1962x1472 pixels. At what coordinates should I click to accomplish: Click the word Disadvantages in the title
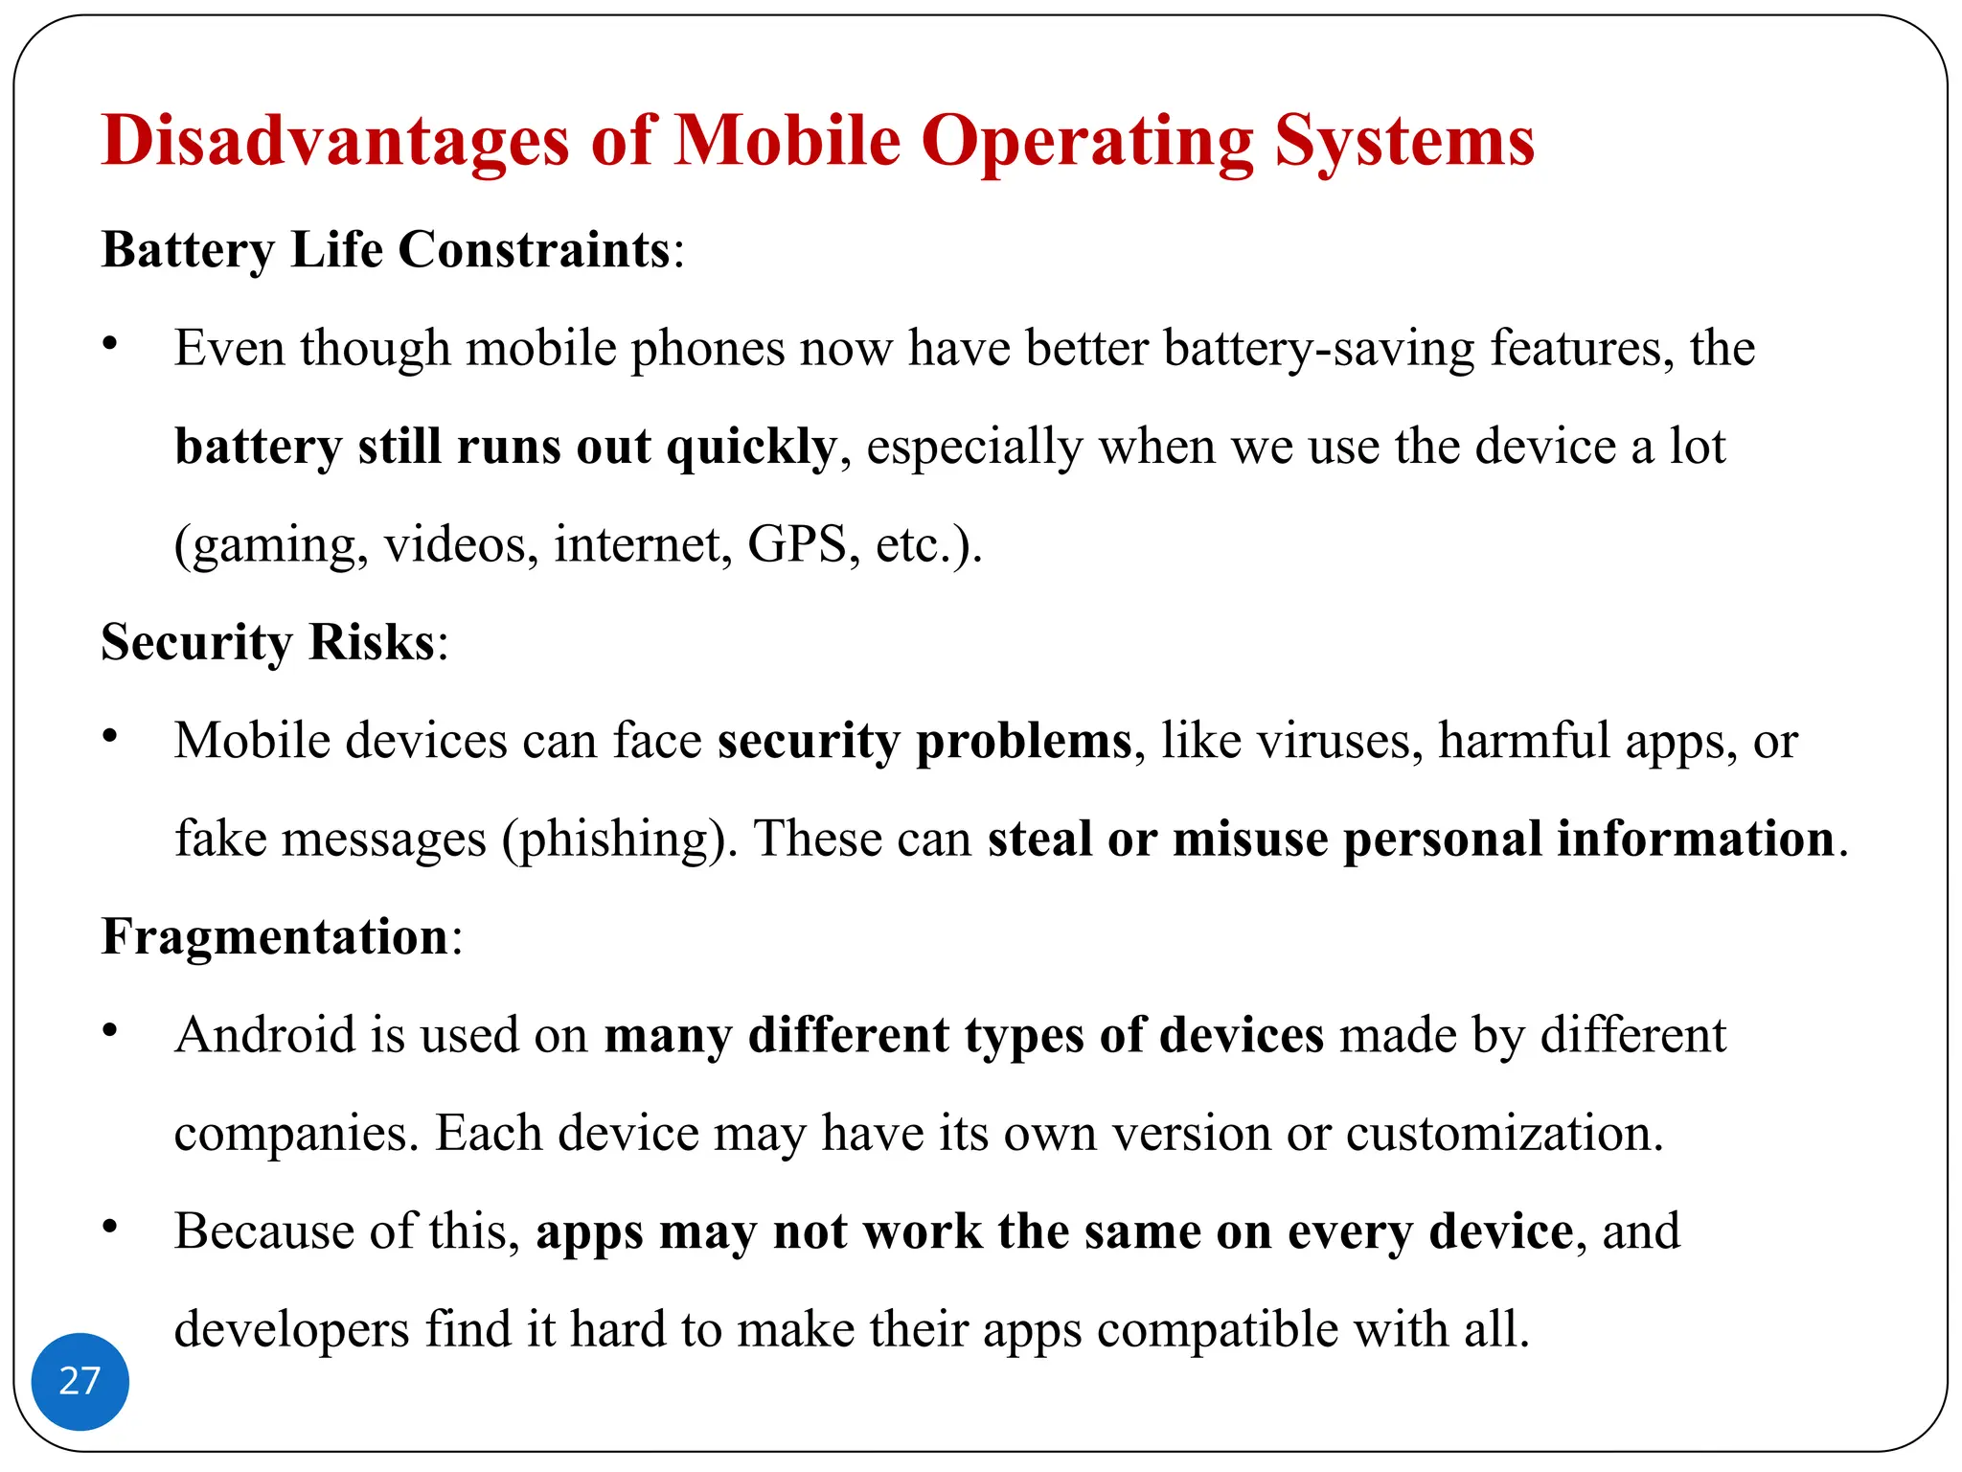pyautogui.click(x=335, y=141)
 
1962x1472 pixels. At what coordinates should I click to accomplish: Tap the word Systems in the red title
pyautogui.click(x=1404, y=141)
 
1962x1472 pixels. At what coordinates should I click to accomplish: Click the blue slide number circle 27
pyautogui.click(x=80, y=1381)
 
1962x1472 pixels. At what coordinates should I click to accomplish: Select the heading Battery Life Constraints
pyautogui.click(x=386, y=250)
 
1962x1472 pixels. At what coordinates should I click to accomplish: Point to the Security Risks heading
pyautogui.click(x=268, y=642)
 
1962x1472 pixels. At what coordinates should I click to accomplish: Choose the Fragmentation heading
pyautogui.click(x=275, y=936)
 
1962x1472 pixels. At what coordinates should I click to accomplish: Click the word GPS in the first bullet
pyautogui.click(x=798, y=544)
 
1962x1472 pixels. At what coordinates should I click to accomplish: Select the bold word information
pyautogui.click(x=1695, y=839)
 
